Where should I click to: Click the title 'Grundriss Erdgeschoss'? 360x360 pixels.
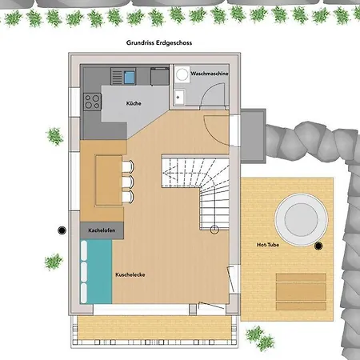159,42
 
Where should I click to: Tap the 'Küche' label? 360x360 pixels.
134,103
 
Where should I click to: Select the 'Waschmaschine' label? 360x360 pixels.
210,74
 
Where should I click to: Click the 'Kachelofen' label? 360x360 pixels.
102,230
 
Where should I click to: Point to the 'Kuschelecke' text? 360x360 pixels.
130,274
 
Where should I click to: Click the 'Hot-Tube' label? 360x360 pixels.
268,245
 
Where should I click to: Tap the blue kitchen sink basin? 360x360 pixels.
130,77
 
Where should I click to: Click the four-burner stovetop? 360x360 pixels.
92,102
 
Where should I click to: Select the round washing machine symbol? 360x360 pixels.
182,74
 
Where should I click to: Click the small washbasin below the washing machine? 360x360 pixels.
179,98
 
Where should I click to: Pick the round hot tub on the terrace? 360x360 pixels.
302,220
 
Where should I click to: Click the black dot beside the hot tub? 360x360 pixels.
318,246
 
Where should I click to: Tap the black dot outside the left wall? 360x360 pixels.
62,230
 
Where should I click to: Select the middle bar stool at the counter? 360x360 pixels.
128,182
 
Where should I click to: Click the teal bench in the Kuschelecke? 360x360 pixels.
96,271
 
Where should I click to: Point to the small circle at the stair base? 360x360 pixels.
214,230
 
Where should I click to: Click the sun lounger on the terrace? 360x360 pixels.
301,291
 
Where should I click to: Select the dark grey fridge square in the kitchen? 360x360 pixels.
160,77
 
